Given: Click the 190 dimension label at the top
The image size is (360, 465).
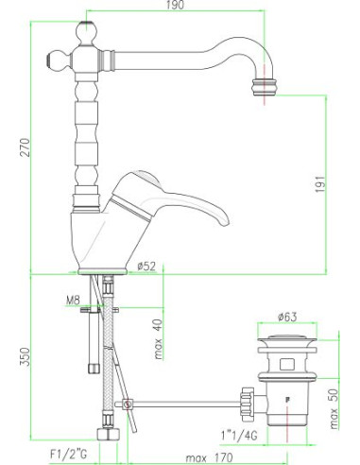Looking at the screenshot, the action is [175, 5].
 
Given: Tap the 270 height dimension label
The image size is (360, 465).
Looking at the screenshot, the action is [25, 147].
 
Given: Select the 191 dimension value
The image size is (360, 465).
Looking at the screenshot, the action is [320, 184].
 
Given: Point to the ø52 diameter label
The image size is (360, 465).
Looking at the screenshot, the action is [146, 267].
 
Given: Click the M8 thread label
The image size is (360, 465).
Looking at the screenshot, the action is [73, 301].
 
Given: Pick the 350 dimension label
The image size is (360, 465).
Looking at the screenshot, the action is [25, 356].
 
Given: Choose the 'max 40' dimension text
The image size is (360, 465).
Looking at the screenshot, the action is [159, 339].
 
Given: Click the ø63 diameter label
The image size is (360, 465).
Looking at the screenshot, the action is [287, 317].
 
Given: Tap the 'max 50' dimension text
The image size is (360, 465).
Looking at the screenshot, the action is [334, 408].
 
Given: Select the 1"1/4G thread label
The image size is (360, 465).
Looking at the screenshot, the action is [239, 436].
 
